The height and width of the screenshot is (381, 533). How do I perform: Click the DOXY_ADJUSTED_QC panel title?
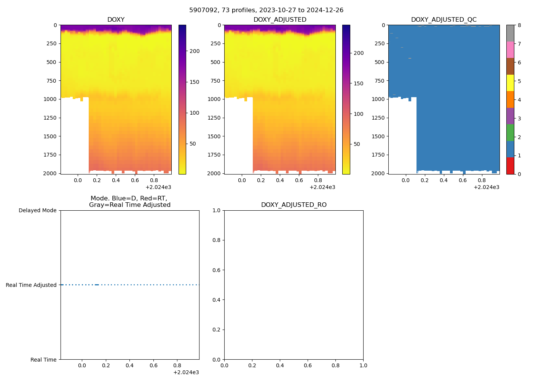tap(444, 20)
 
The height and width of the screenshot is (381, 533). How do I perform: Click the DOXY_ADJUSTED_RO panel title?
tap(294, 205)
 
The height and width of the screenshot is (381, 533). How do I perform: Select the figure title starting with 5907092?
tap(266, 10)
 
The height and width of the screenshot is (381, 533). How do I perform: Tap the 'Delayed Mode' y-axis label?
tap(37, 210)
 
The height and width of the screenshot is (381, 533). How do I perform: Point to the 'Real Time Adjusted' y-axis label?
tap(31, 285)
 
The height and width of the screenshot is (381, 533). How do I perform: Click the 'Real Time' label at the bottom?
tap(43, 360)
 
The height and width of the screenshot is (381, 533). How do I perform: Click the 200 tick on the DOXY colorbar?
tap(195, 51)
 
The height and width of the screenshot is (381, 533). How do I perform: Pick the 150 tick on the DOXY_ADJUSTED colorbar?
tap(359, 83)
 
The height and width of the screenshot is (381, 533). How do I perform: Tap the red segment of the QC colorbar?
tap(510, 166)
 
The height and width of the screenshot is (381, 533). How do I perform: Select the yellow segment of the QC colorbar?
tap(510, 83)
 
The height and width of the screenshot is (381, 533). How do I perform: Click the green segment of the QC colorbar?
tap(510, 133)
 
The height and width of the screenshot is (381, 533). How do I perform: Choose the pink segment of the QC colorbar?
tap(510, 50)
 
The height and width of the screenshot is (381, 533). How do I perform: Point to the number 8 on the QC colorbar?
tap(519, 25)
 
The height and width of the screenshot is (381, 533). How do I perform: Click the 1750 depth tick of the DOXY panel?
tap(50, 155)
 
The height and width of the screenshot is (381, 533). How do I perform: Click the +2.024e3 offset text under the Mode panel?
tap(186, 372)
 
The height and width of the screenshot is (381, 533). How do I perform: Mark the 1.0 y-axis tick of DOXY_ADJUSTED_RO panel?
tap(217, 210)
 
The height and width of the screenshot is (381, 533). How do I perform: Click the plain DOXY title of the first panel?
tap(116, 20)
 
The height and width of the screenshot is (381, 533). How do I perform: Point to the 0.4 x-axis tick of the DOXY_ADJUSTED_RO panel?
tap(280, 365)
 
